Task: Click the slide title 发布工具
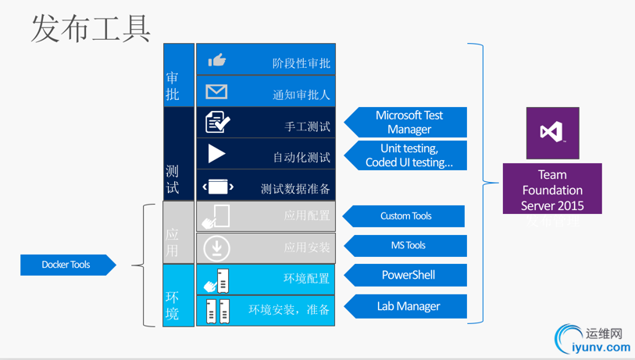[x=91, y=28]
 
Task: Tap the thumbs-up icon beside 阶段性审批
[x=217, y=60]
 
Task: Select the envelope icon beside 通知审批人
[x=216, y=91]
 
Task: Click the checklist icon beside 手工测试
[x=217, y=123]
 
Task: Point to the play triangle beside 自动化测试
[x=216, y=154]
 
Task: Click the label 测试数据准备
[x=295, y=188]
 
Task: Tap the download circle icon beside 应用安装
[x=216, y=248]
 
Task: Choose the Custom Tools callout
[x=405, y=216]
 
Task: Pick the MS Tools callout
[x=407, y=245]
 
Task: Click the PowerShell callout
[x=407, y=275]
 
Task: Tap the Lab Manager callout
[x=407, y=306]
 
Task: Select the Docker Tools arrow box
[x=67, y=265]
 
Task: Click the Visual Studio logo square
[x=552, y=133]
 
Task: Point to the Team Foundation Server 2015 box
[x=552, y=189]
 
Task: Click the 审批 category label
[x=173, y=86]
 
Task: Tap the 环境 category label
[x=173, y=305]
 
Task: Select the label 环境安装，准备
[x=289, y=310]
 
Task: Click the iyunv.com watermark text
[x=601, y=348]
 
